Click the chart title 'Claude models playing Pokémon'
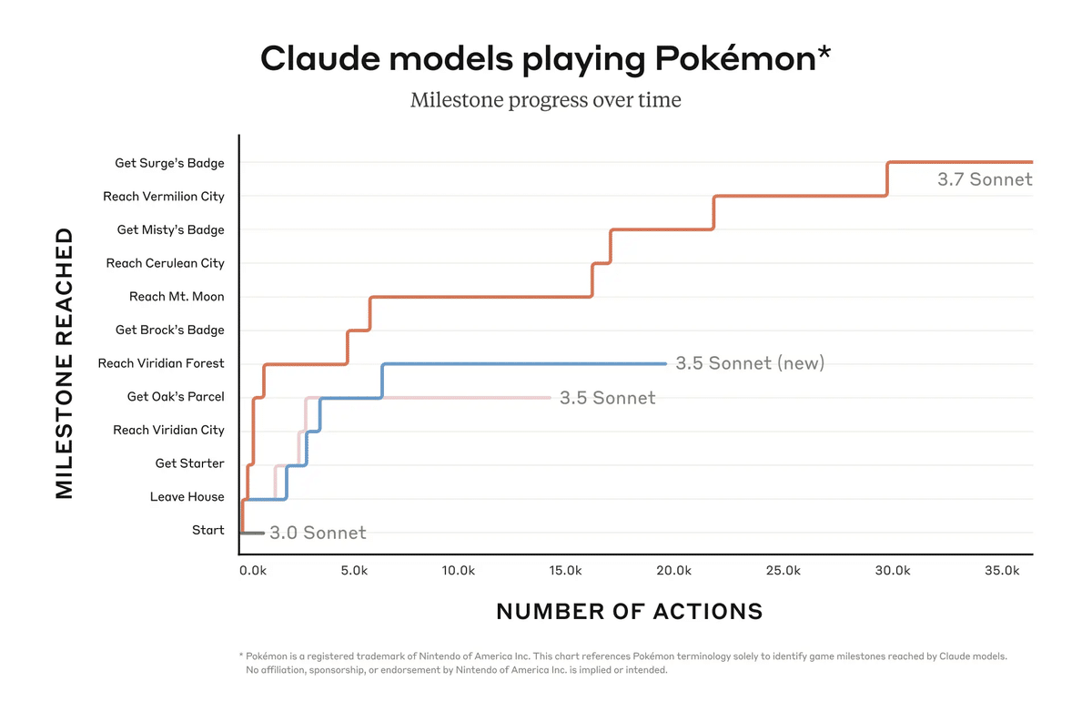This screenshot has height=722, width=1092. pos(545,59)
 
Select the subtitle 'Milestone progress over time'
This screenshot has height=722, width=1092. pos(545,99)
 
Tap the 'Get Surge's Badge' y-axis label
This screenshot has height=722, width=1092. pos(169,163)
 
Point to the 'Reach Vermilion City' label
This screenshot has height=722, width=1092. pos(164,197)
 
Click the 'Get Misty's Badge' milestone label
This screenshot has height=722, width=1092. pos(170,230)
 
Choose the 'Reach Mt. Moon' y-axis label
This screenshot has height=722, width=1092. pos(177,297)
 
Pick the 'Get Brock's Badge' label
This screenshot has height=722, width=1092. pos(169,330)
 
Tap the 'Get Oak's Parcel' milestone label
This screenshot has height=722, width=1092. pos(176,397)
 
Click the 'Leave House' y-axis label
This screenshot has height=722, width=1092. pos(187,497)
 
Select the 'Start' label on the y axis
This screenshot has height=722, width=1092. pos(207,530)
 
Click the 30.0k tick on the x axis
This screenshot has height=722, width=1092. pos(892,571)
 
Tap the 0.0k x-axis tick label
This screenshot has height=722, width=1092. pos(252,571)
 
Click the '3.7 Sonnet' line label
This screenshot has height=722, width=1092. pos(985,179)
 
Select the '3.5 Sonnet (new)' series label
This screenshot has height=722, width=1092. pos(750,363)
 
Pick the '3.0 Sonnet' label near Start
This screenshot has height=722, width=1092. pos(318,533)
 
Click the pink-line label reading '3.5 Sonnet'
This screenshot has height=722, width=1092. pos(607,398)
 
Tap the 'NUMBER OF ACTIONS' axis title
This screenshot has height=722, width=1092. pos(629,611)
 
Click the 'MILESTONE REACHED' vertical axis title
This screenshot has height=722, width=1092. pos(64,363)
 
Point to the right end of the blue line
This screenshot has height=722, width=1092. pos(665,363)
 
